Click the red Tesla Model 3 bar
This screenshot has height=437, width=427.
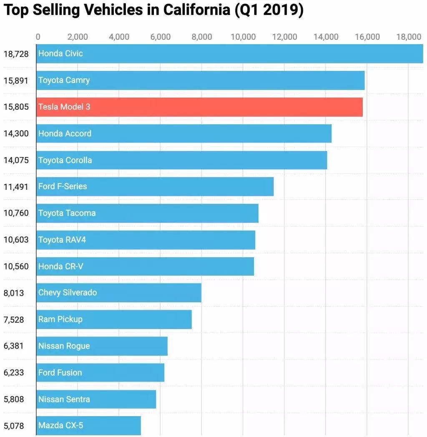[199, 107]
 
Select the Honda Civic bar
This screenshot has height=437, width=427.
[229, 53]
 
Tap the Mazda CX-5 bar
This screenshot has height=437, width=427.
[88, 426]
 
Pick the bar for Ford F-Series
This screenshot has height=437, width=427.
[155, 186]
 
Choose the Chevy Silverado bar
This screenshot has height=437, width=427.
[119, 293]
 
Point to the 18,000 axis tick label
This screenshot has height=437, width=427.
[409, 37]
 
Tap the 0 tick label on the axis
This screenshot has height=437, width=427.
[38, 37]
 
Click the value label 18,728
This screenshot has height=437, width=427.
[16, 53]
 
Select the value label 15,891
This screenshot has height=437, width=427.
[16, 80]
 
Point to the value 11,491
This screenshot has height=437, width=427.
[16, 186]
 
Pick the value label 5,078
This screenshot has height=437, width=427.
[14, 426]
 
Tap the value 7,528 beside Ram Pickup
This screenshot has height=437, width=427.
[14, 319]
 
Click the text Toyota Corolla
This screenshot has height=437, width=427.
[65, 160]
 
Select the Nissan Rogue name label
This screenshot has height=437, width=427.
[64, 346]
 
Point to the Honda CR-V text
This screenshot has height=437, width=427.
[60, 266]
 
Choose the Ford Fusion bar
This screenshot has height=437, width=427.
[100, 372]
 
